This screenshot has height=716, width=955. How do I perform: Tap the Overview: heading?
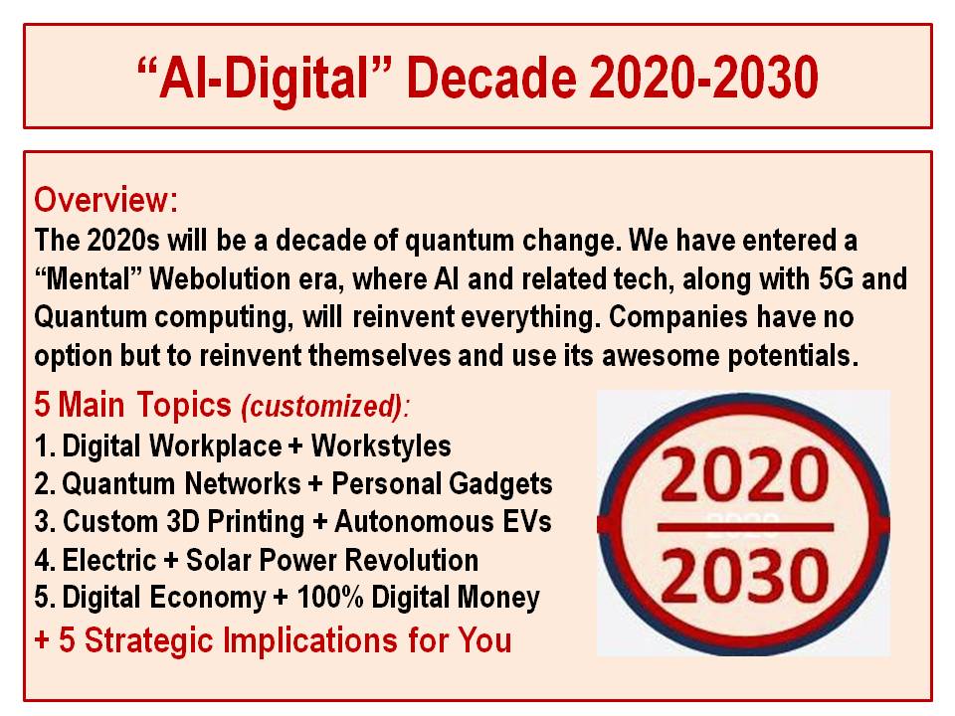coord(106,200)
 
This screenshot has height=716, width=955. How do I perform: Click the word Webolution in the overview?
coord(220,278)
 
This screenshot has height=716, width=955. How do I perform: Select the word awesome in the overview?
coord(661,356)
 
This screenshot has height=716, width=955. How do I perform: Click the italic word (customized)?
coord(322,406)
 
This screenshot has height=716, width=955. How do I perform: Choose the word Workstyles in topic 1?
coord(381,447)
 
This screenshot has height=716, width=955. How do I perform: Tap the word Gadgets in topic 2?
coord(500,484)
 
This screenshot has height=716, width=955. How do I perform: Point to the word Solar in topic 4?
coord(218,560)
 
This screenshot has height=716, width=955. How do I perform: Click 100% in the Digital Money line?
coord(329,598)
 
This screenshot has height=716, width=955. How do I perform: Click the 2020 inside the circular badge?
coord(744,473)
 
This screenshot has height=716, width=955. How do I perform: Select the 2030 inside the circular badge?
coord(744,575)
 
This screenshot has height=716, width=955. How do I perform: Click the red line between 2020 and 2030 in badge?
coord(745,527)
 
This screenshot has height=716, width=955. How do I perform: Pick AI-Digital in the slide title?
coord(265,78)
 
